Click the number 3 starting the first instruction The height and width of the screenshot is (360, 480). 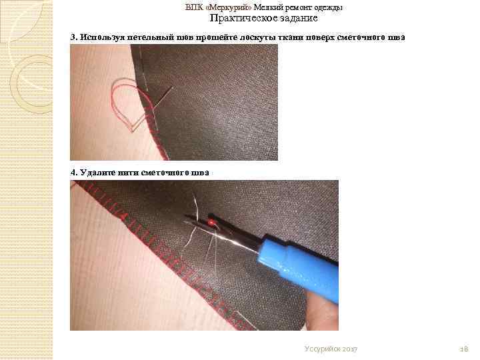click(73, 37)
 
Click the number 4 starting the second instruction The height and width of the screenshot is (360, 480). click(73, 173)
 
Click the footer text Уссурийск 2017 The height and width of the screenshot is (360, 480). click(331, 349)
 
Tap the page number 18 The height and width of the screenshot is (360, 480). click(464, 349)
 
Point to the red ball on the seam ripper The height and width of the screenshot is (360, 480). click(211, 222)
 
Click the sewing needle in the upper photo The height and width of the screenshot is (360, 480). click(163, 97)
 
